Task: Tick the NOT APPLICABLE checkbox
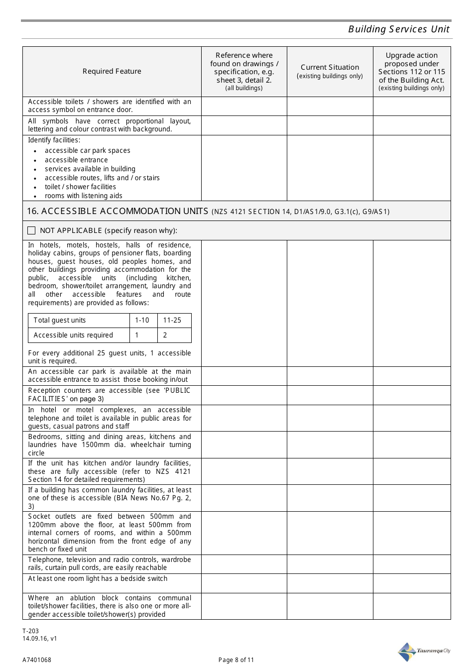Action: point(32,230)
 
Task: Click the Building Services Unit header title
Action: point(398,29)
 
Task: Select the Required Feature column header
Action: point(112,71)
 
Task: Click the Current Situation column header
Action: point(330,67)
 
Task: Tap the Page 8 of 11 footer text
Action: point(236,660)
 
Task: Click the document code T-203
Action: point(30,631)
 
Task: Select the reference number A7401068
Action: point(36,660)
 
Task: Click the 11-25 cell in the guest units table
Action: point(172,320)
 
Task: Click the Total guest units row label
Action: point(60,320)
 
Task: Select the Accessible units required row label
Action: point(73,335)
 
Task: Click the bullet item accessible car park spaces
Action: point(88,150)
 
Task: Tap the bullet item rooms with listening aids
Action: point(84,196)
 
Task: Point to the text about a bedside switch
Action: point(98,578)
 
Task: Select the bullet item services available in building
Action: point(90,169)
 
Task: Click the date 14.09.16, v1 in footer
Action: point(39,639)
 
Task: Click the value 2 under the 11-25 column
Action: point(165,335)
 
